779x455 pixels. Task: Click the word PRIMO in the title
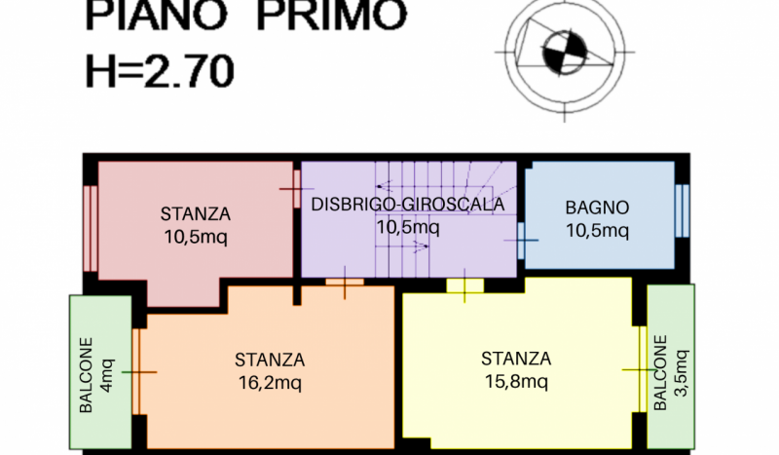pos(332,15)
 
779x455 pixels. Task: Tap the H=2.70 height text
pos(160,71)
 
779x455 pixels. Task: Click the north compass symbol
pos(565,53)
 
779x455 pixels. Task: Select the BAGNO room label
pos(597,208)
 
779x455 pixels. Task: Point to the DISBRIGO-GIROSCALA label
pos(407,205)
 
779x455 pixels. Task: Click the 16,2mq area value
pos(270,382)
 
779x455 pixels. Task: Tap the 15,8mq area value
pos(516,381)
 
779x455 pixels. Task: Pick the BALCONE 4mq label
pos(96,375)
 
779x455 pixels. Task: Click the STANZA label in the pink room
pos(196,214)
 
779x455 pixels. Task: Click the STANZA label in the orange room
pos(270,360)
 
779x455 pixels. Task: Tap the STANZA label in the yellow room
pos(516,359)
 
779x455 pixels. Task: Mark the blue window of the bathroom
pos(683,210)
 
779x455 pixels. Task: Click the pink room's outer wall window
pos(91,228)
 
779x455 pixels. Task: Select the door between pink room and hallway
pos(297,189)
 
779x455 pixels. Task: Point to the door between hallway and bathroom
pos(521,241)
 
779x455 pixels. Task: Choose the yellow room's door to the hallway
pos(465,285)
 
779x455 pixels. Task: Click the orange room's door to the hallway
pos(345,282)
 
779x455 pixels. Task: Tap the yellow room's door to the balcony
pos(642,369)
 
